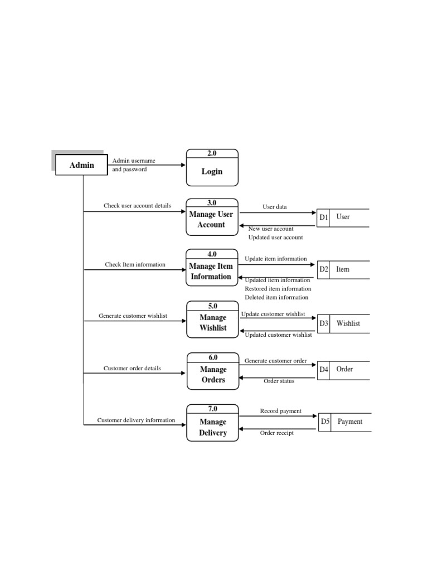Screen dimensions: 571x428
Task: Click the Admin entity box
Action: (x=81, y=165)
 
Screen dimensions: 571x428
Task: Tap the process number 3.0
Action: (x=212, y=203)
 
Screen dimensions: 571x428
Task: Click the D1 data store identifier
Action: (x=323, y=217)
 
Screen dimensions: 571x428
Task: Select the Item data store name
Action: (x=343, y=269)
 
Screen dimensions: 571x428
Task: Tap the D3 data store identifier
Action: (x=324, y=323)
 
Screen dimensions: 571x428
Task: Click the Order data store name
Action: (x=344, y=369)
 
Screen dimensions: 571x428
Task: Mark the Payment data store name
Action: (x=350, y=422)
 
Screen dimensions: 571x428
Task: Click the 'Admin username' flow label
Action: (x=134, y=161)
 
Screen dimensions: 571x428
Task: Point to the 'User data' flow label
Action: (x=275, y=207)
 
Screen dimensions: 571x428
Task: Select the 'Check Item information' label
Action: (x=135, y=264)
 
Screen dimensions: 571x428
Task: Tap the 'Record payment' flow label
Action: (x=280, y=411)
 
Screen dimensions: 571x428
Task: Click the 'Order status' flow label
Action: (x=279, y=381)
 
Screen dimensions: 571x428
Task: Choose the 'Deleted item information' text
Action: (x=276, y=297)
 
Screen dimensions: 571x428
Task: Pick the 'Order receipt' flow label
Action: (x=277, y=433)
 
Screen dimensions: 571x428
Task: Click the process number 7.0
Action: (x=213, y=409)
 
